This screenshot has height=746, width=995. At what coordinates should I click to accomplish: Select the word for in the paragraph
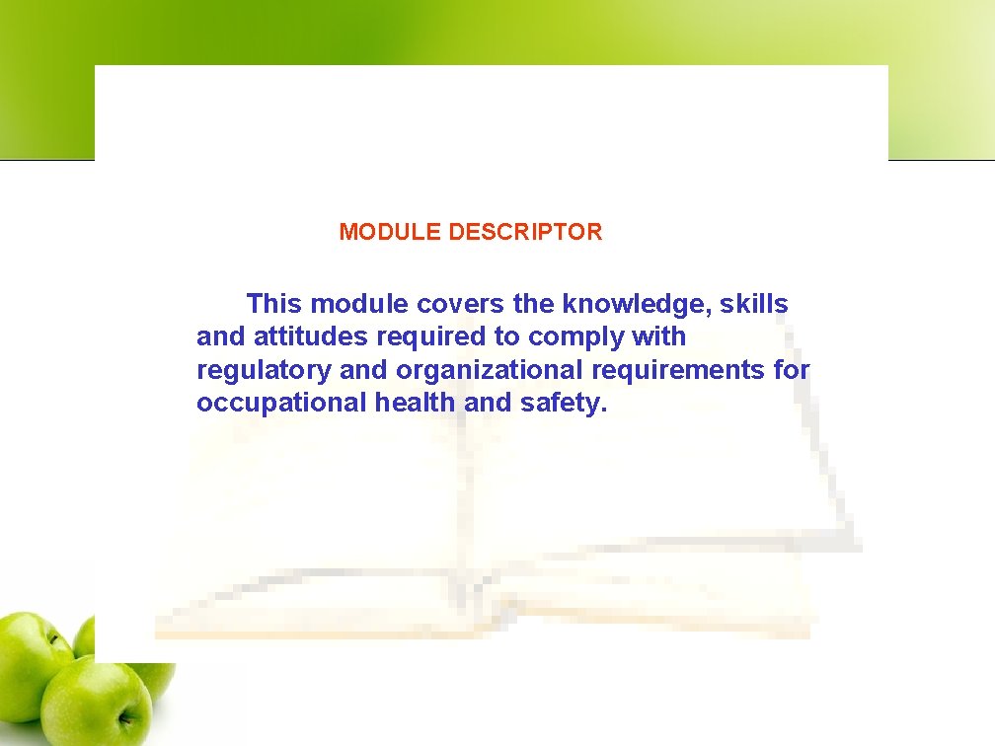click(x=792, y=370)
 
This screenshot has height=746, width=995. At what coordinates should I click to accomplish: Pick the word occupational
click(x=281, y=403)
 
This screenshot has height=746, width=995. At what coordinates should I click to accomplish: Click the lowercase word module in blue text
click(x=358, y=304)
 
